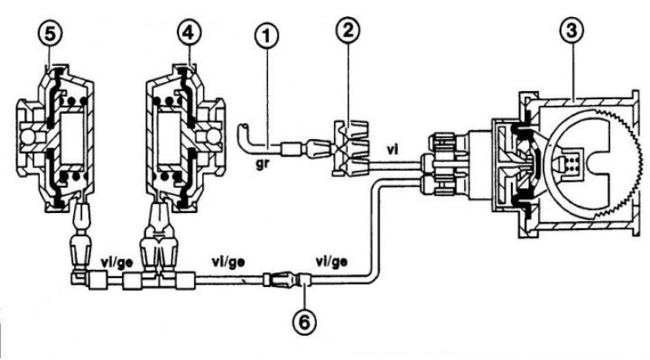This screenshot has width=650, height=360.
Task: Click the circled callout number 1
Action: pyautogui.click(x=267, y=37)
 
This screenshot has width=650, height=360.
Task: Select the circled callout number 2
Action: pyautogui.click(x=349, y=30)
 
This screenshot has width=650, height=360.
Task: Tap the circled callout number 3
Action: pyautogui.click(x=572, y=31)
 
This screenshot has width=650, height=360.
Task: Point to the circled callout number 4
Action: pyautogui.click(x=188, y=33)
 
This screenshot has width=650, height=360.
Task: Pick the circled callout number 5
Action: pyautogui.click(x=50, y=34)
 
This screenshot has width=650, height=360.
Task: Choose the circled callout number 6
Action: pyautogui.click(x=305, y=322)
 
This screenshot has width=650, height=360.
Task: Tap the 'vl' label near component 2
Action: pyautogui.click(x=392, y=150)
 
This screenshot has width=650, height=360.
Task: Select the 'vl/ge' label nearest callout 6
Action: pyautogui.click(x=331, y=262)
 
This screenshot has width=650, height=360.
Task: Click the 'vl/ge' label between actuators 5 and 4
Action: pyautogui.click(x=117, y=263)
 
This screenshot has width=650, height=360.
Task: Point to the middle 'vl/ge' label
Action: pyautogui.click(x=228, y=262)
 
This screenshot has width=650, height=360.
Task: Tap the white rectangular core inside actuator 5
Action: pyautogui.click(x=72, y=139)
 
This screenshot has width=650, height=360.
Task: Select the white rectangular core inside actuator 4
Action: pyautogui.click(x=170, y=137)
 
